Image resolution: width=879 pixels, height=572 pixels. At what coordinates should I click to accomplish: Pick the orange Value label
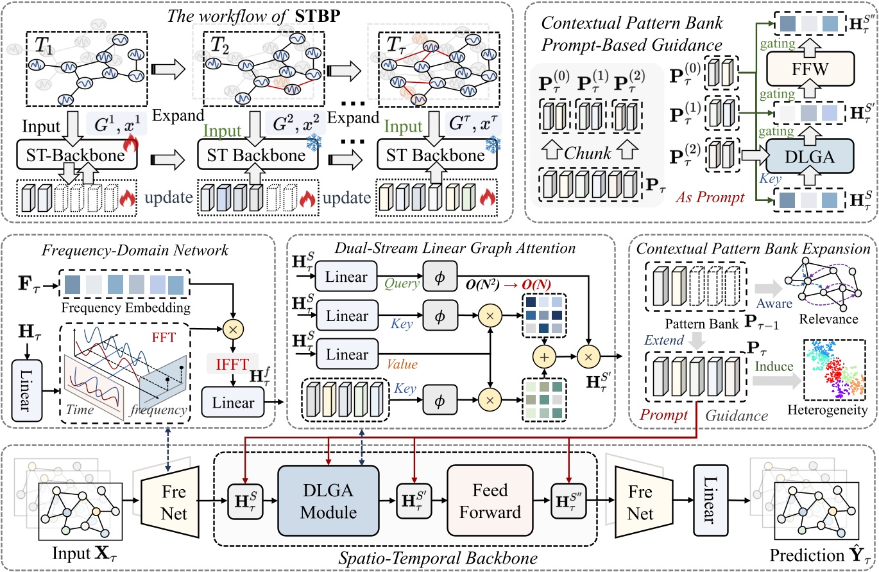tap(400, 362)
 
